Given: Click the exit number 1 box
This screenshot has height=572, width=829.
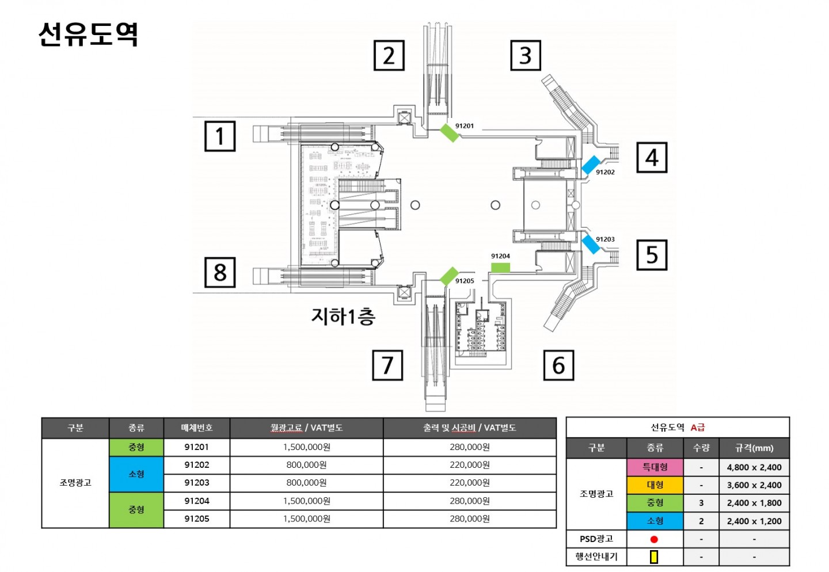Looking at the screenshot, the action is tap(220, 136).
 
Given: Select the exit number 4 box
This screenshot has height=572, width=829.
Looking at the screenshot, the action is tap(652, 157).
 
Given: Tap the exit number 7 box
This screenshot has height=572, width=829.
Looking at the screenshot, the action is tap(387, 365).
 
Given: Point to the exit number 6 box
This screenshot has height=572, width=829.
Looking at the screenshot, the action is tap(558, 365).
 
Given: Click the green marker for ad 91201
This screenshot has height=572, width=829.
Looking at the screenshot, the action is tap(450, 133).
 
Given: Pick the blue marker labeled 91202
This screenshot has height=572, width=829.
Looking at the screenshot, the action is tap(591, 165).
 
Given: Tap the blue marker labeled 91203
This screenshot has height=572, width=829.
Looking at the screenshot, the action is tap(591, 245).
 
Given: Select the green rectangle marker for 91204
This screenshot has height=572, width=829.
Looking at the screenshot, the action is tap(500, 268).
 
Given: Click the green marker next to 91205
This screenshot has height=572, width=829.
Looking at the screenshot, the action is tap(449, 276).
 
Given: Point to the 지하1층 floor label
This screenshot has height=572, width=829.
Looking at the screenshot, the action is tap(343, 316).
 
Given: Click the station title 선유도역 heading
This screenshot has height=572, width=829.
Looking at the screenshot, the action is tap(88, 34).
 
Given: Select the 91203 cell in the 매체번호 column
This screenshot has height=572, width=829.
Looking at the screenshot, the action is tap(196, 483).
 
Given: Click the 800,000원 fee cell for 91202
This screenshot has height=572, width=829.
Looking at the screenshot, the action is tap(306, 465).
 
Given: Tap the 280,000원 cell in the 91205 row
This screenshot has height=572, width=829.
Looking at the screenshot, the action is tap(470, 518).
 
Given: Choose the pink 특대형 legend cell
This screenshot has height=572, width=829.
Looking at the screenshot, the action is tap(655, 467).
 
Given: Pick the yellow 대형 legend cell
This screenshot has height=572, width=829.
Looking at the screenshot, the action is tap(655, 485).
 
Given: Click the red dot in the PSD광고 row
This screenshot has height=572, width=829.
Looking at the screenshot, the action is tap(654, 539).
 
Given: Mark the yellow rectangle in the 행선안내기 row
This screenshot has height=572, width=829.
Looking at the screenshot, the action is tap(654, 557).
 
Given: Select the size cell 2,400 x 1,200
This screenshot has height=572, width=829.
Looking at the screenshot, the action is tap(754, 521).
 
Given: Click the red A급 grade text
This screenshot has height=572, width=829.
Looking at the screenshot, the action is tap(698, 428).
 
